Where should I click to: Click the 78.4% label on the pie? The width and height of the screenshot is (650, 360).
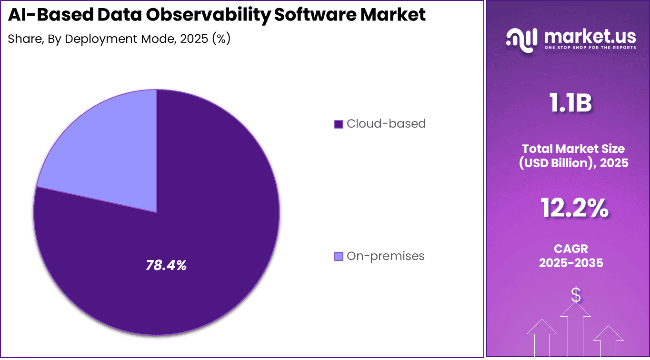(x=166, y=265)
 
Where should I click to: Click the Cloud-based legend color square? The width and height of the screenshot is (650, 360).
(x=339, y=124)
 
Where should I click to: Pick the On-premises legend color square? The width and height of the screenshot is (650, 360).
(x=339, y=257)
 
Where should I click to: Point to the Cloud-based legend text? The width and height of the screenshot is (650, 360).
(x=386, y=124)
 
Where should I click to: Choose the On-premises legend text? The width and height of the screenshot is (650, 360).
(x=385, y=256)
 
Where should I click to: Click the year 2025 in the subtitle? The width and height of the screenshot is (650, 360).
(x=193, y=39)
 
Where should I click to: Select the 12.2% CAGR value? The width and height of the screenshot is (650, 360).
(x=574, y=208)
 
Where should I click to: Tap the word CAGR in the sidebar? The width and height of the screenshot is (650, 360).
(x=571, y=249)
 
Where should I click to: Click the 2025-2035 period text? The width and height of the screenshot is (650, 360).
(x=571, y=263)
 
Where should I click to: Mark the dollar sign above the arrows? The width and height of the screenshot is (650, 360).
(x=576, y=295)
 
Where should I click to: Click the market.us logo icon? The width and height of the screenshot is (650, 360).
(x=521, y=38)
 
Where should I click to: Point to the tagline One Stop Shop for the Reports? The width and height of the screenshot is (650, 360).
(x=590, y=48)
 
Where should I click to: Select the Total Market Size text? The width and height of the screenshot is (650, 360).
(x=573, y=148)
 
